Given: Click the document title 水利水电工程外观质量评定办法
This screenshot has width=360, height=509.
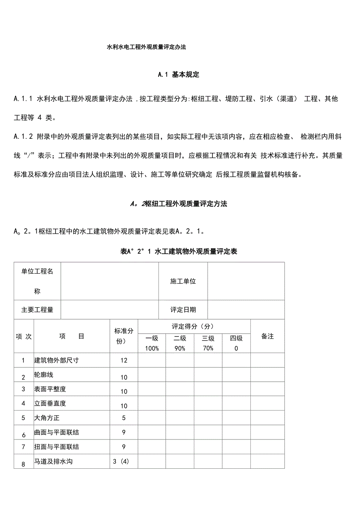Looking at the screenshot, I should tap(146, 47).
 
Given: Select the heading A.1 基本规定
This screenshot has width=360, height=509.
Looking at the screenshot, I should tap(178, 74).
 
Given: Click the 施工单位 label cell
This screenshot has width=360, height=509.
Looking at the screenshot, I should tap(183, 281).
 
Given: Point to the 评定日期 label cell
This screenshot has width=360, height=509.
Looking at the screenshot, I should tap(183, 310).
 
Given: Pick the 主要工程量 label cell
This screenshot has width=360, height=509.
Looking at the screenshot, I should tap(37, 310).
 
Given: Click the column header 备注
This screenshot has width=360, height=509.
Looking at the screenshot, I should tap(267, 336).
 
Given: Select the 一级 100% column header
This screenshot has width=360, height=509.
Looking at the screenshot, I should tap(152, 343).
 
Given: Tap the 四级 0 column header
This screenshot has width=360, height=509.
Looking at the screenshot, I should tap(236, 343).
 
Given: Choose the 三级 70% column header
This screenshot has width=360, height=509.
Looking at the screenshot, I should tap(208, 343).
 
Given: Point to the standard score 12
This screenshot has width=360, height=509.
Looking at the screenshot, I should tap(124, 360).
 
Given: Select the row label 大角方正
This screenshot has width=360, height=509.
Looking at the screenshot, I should tap(47, 418).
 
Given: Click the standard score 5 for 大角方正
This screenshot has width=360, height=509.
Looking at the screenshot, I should tap(124, 418).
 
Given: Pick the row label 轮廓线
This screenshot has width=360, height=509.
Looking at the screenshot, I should tap(44, 375).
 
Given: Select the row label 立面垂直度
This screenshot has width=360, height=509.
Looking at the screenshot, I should tap(50, 403).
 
